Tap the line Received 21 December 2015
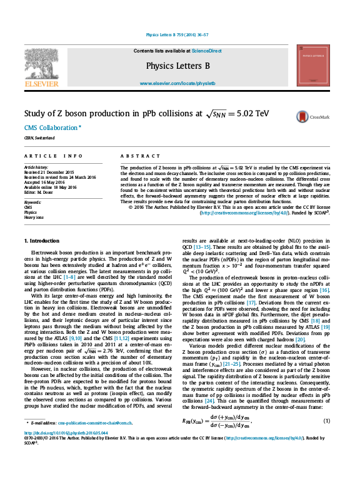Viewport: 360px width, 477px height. tap(49, 172)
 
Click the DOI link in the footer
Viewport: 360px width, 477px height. tap(63, 450)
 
